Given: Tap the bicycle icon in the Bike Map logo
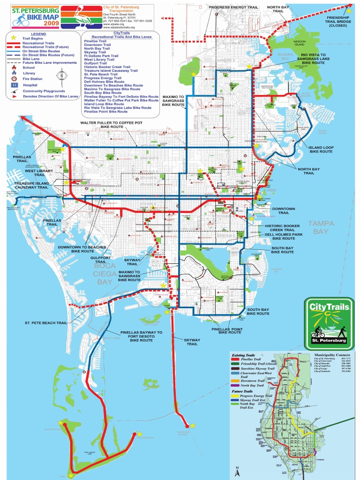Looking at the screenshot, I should coord(18,21).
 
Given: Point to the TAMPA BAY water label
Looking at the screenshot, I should coord(321,227).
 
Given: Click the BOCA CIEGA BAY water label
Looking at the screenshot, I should coord(104,274).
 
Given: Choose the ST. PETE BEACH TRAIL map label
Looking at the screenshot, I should coord(46,323).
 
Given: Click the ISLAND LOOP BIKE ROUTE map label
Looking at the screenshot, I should coord(321,149).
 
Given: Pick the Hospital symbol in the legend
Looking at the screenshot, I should coord(14,85).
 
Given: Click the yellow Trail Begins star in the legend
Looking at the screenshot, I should coord(14,37).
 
